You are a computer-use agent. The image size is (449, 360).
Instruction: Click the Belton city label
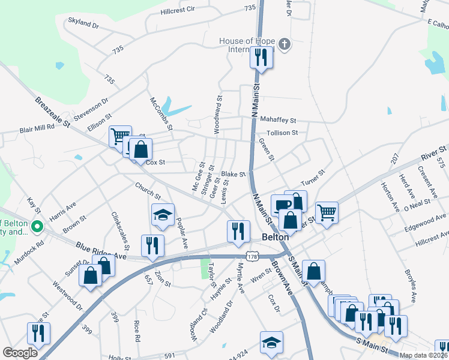click(x=276, y=237)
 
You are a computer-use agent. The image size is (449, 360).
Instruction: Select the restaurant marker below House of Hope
click(x=261, y=58)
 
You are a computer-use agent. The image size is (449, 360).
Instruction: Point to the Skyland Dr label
click(x=83, y=23)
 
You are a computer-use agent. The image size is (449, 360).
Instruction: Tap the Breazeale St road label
click(x=53, y=112)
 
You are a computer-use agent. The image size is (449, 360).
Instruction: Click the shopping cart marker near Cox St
click(x=120, y=136)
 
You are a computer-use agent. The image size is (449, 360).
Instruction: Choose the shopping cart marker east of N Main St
click(x=327, y=212)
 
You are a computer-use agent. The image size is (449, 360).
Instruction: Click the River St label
click(x=433, y=152)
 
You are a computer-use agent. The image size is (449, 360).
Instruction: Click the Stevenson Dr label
click(x=91, y=109)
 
